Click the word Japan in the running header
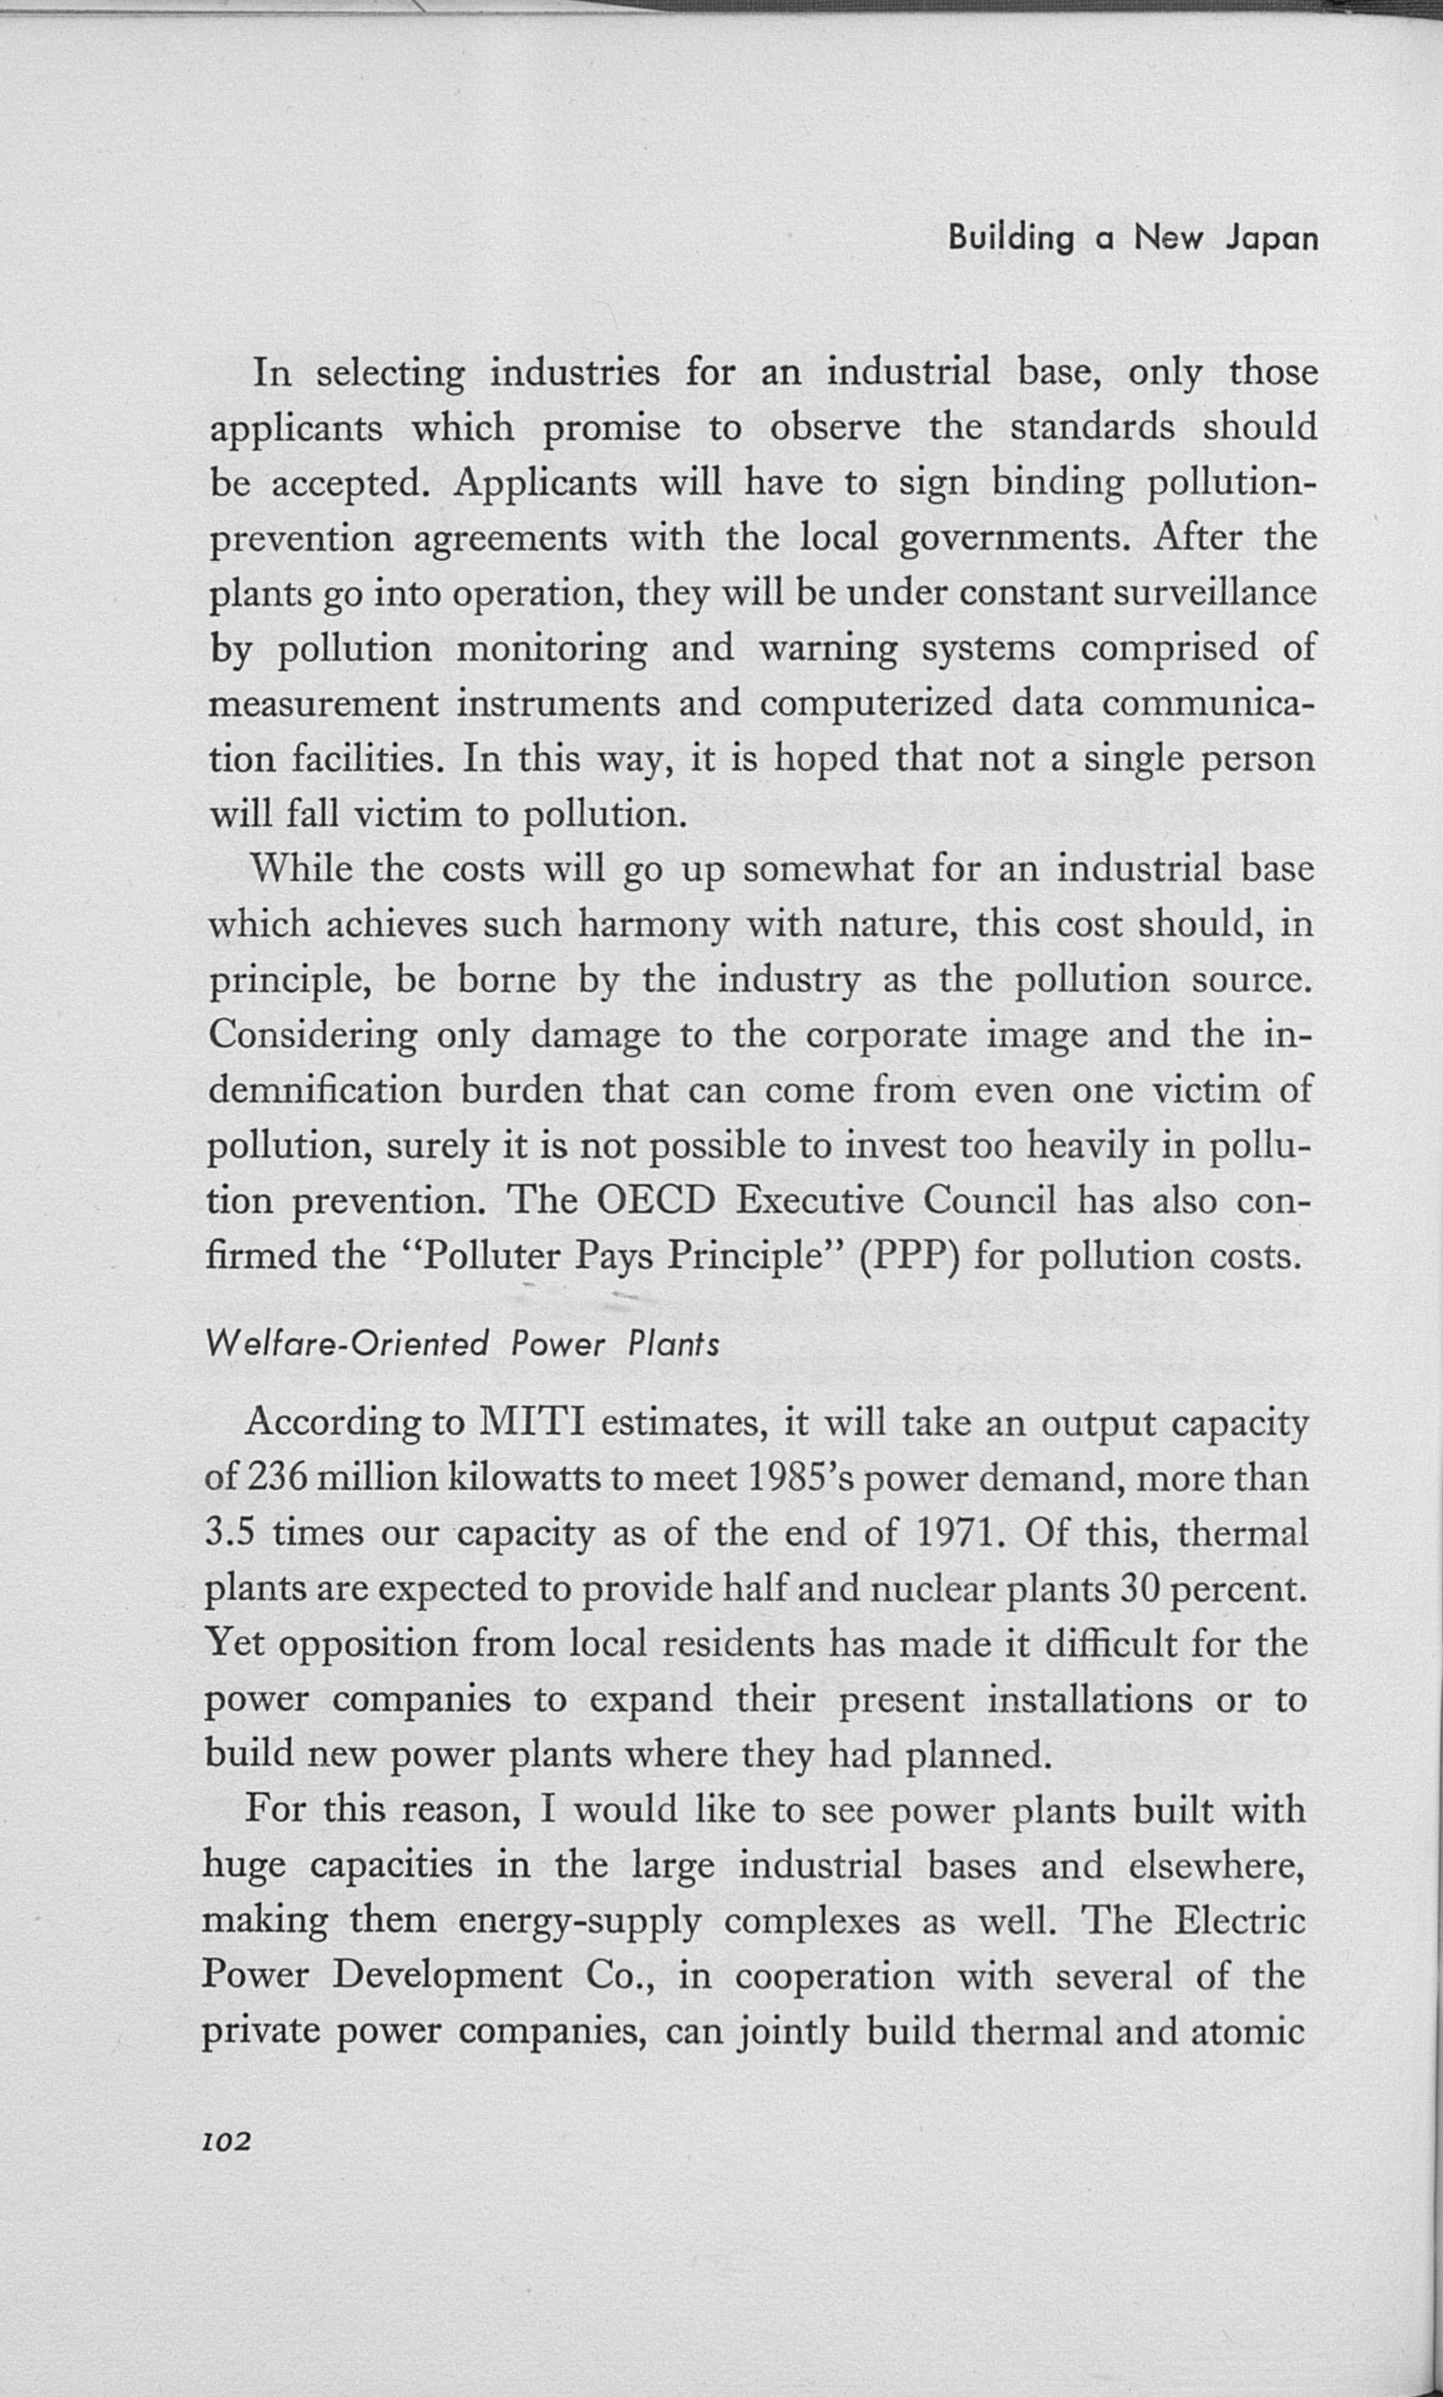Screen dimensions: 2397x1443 point(1271,239)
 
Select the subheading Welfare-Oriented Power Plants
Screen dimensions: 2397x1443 point(462,1345)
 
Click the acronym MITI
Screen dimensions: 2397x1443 point(530,1422)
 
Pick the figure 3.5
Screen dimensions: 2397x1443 point(231,1533)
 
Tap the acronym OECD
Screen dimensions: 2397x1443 point(654,1201)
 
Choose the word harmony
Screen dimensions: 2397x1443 point(653,924)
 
